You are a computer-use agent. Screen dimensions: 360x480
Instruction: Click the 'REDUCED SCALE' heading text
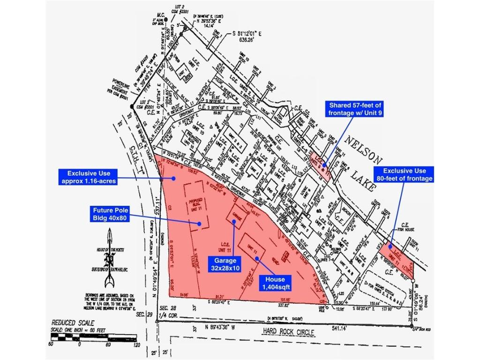73,323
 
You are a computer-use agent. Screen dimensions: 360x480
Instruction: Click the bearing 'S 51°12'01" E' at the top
253,34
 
